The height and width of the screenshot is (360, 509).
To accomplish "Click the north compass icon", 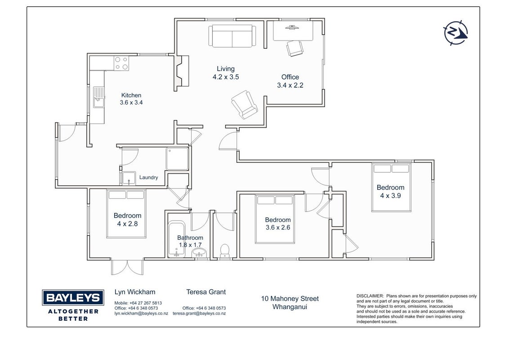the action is (x=455, y=33).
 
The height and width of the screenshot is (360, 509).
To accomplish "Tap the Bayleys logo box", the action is (x=73, y=297).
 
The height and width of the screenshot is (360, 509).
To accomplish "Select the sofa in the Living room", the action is (x=232, y=36).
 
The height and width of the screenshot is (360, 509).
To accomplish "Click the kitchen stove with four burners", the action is (x=121, y=63).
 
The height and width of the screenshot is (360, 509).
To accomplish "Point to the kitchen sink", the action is (x=99, y=97).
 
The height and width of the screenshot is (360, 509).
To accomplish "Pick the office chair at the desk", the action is (x=295, y=48).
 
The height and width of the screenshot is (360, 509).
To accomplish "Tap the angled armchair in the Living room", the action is (x=245, y=104).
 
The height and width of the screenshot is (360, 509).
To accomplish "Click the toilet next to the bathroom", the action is (x=225, y=251).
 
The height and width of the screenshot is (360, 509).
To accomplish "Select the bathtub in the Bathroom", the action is (x=177, y=239).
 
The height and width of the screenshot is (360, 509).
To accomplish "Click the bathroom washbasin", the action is (x=199, y=252).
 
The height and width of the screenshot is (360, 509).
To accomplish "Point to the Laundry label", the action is (x=149, y=177).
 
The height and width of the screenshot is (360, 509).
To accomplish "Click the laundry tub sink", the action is (x=129, y=178).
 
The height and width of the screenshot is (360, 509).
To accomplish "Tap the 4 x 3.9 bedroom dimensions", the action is (x=390, y=196).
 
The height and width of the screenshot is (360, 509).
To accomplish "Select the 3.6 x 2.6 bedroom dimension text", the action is (x=278, y=227).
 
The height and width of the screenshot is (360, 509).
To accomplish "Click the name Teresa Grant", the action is (x=206, y=292).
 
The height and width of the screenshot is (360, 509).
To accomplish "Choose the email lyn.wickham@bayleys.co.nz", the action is (x=141, y=314).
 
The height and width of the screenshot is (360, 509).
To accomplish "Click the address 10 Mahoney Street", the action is (x=290, y=299).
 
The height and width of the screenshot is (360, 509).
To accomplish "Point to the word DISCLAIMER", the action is (x=370, y=296).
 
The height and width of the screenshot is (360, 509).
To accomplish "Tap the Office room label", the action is (x=290, y=77).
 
